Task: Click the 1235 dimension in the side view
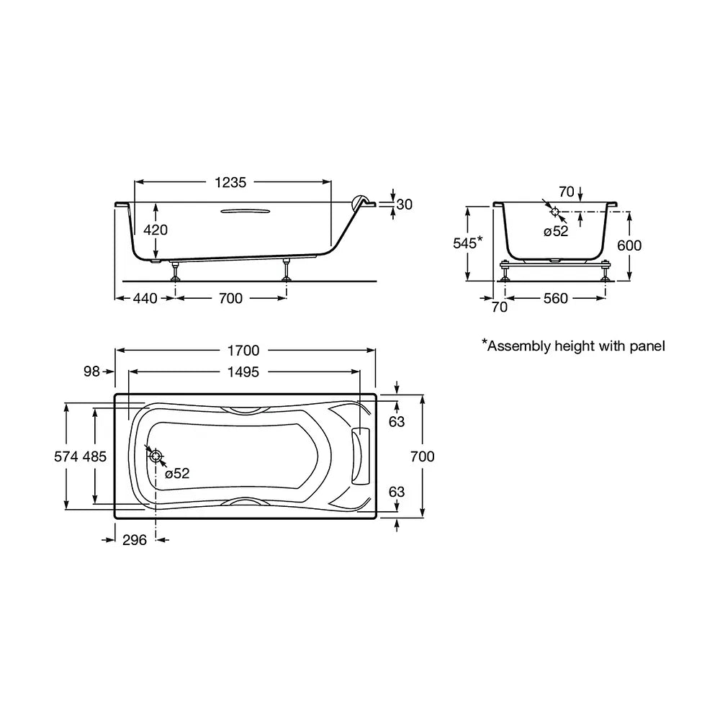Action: point(230,182)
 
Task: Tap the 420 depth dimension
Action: point(156,230)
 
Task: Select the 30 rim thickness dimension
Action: point(404,204)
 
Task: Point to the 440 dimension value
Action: point(145,299)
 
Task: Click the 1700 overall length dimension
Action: point(243,351)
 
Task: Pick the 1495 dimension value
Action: point(243,372)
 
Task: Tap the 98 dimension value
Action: point(91,371)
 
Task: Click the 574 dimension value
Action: point(66,456)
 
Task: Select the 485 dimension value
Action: point(94,456)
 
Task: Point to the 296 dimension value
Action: point(135,540)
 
